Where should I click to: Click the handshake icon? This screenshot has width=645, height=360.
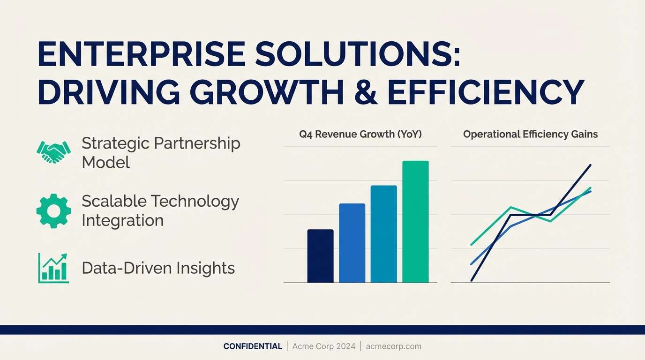click(x=53, y=152)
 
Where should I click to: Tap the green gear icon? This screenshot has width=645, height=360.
click(x=53, y=211)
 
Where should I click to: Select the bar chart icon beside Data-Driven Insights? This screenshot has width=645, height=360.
click(x=53, y=268)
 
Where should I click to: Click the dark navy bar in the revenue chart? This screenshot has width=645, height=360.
click(x=321, y=256)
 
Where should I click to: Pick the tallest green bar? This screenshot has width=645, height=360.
click(x=415, y=221)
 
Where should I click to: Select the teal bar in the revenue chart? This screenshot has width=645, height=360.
click(x=383, y=234)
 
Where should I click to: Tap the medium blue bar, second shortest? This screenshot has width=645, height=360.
click(x=352, y=243)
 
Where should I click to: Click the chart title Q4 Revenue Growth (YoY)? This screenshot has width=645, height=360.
click(x=360, y=134)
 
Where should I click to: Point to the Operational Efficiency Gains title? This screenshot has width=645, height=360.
click(x=531, y=134)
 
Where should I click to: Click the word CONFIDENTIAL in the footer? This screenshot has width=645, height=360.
click(x=253, y=346)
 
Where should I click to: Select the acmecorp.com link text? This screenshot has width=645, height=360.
click(x=393, y=346)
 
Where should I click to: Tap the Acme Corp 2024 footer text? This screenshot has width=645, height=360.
click(x=323, y=346)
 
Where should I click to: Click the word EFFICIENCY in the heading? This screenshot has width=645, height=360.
click(x=486, y=91)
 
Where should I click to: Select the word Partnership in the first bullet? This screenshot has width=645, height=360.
click(x=197, y=144)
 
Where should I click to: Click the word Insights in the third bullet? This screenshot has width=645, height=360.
click(x=205, y=269)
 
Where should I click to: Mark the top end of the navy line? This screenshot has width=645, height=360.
click(x=591, y=165)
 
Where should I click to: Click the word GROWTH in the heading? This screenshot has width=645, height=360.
click(x=267, y=91)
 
